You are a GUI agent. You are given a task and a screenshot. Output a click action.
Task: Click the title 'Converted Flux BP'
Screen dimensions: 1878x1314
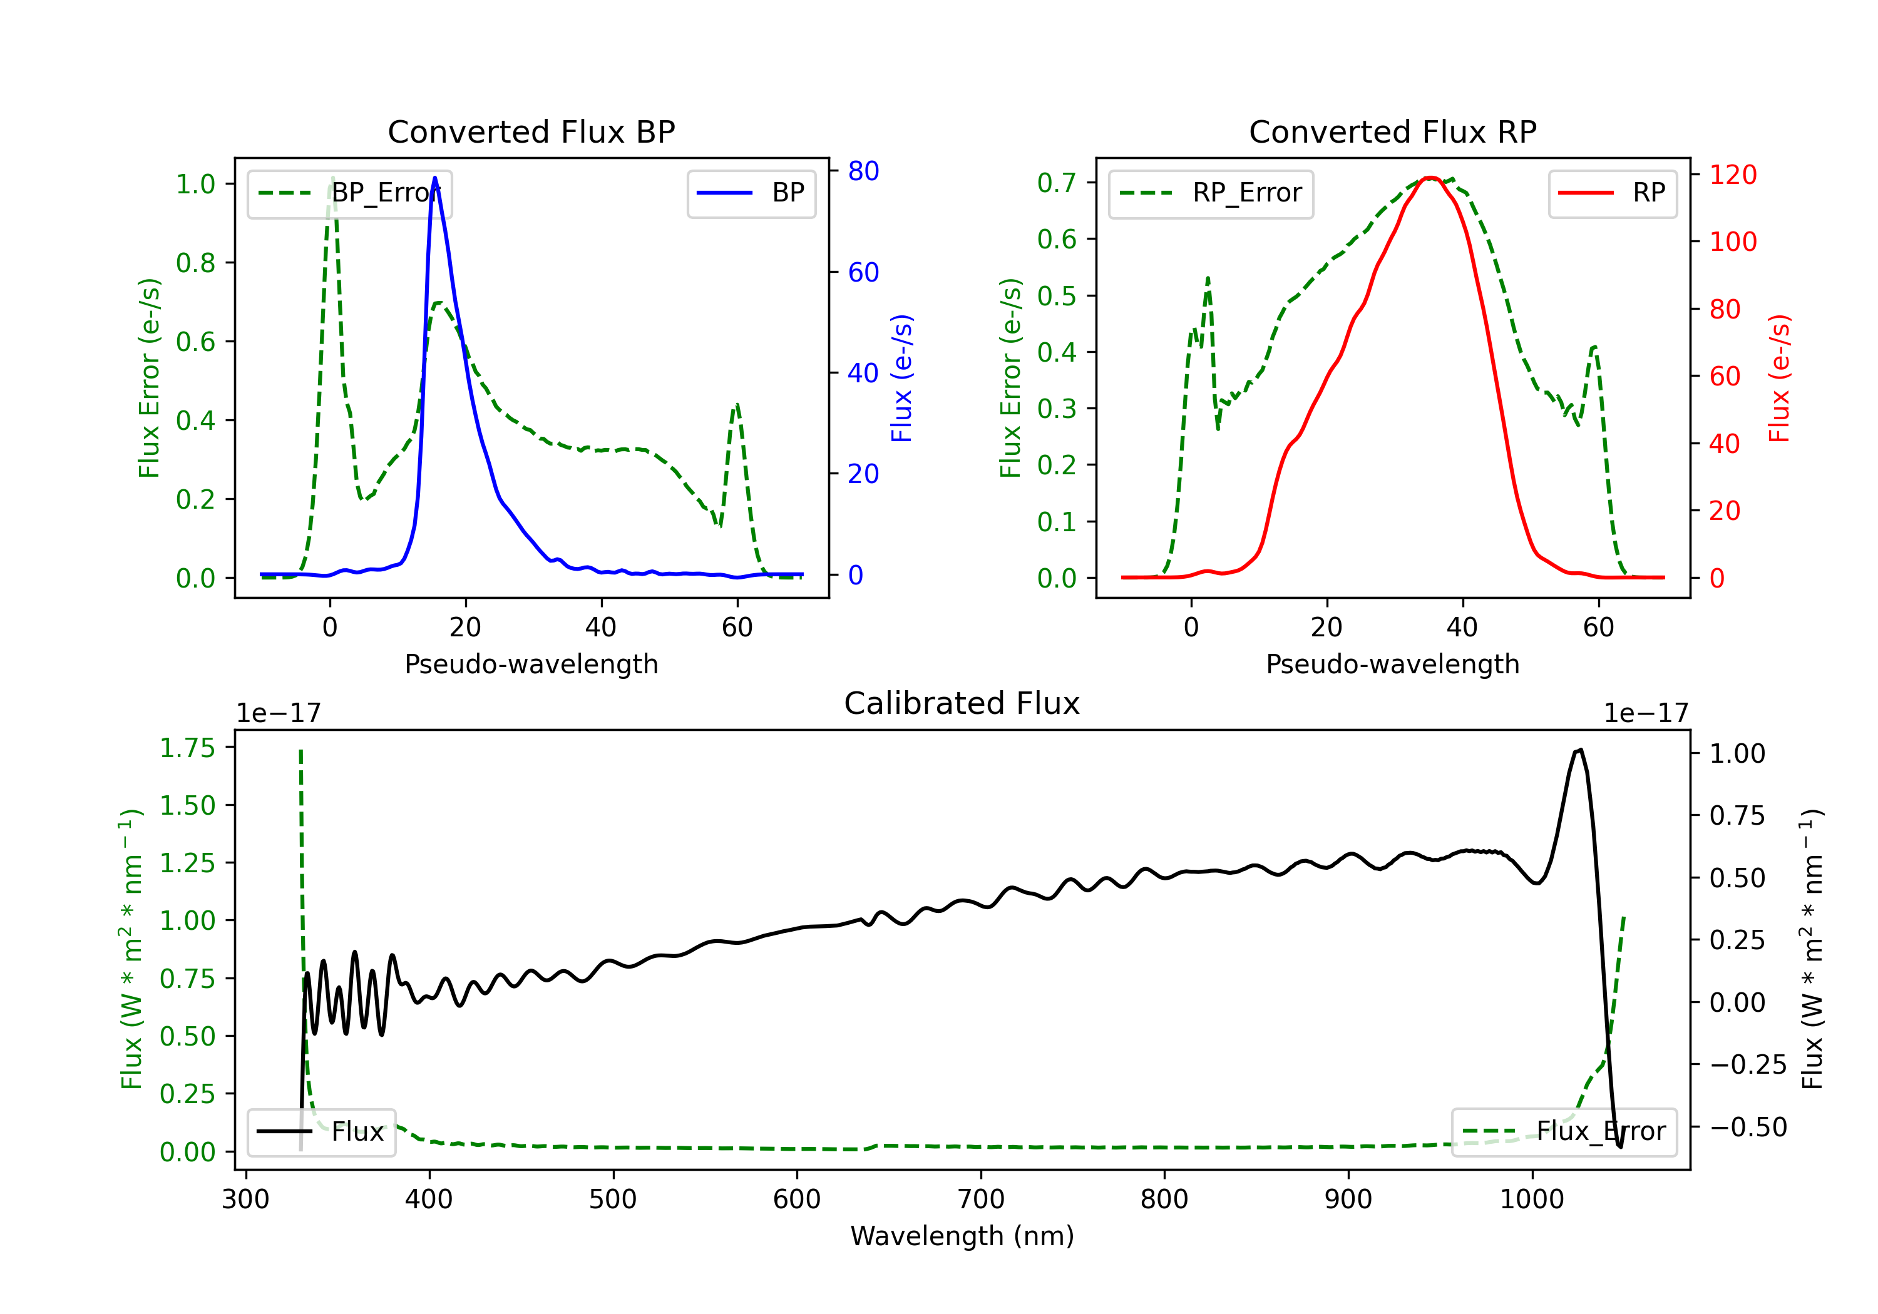point(531,131)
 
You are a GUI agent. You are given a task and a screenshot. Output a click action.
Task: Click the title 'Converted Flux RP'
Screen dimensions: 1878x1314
point(1393,131)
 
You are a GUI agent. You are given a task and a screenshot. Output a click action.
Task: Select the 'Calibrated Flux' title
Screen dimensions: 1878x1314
point(962,703)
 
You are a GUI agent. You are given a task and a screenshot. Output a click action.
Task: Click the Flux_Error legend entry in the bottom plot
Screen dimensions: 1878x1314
point(1564,1132)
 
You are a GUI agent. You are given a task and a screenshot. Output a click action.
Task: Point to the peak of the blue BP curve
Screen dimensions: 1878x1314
point(434,178)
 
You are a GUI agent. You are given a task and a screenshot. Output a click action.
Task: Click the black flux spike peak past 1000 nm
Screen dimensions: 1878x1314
point(1580,750)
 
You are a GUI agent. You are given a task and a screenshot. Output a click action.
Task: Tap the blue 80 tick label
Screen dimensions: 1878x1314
point(864,171)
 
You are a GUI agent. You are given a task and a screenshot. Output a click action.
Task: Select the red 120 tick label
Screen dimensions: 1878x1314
point(1733,174)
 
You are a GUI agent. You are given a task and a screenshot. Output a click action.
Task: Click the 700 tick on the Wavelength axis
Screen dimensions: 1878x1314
point(981,1199)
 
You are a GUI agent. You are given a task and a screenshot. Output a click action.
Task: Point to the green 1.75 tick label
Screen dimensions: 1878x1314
point(187,747)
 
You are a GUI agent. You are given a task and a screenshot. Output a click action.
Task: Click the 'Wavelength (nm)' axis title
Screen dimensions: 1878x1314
point(962,1236)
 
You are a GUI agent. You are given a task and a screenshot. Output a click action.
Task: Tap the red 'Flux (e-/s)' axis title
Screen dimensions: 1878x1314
point(1779,379)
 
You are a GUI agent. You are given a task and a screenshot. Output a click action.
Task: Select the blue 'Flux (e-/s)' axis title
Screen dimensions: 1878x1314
point(901,379)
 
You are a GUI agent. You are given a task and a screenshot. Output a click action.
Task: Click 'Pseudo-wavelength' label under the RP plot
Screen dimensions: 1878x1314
point(1393,664)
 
